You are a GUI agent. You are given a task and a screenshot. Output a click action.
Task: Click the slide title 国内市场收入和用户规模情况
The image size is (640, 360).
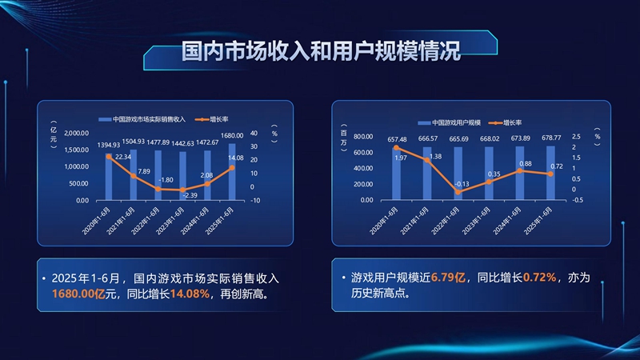[321, 50]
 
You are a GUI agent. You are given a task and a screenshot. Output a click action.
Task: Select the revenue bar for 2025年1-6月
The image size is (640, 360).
[232, 172]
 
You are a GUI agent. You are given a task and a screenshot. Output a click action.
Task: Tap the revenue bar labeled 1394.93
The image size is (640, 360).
[109, 177]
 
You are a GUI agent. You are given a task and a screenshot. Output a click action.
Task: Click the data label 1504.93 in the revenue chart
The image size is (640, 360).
[134, 142]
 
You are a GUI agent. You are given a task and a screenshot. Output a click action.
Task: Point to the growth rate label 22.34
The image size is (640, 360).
[123, 157]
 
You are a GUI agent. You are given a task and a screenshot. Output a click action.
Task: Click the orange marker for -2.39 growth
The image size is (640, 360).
[182, 190]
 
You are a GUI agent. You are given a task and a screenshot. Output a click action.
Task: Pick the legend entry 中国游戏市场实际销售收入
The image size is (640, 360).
[142, 119]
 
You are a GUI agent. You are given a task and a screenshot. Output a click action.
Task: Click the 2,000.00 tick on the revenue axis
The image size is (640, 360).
[76, 133]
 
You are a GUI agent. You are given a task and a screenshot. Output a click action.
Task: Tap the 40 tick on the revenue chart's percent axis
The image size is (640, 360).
[254, 133]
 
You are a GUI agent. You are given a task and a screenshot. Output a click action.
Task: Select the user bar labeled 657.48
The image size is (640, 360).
[396, 174]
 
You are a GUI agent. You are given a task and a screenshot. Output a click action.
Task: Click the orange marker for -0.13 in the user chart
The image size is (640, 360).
[458, 192]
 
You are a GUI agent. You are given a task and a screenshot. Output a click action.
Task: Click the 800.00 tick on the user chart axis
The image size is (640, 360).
[363, 136]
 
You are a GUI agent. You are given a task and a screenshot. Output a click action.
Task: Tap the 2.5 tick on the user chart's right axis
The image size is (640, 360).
[576, 136]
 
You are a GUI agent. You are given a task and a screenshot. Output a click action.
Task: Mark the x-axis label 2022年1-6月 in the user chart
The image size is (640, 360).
[446, 221]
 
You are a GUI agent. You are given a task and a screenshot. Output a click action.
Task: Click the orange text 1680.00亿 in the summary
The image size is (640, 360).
[78, 294]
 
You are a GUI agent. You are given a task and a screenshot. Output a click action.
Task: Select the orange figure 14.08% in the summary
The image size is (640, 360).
[190, 294]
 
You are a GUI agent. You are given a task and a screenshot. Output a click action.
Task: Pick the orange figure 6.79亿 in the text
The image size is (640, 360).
[448, 278]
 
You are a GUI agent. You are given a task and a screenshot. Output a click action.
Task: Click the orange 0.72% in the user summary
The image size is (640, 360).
[539, 278]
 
